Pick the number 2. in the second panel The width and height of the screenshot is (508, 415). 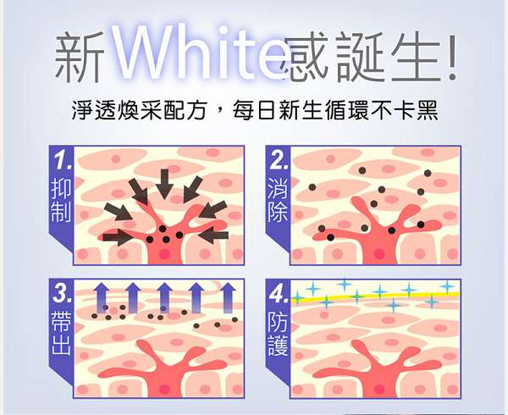(x=277, y=160)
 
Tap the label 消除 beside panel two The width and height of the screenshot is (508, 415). (x=277, y=203)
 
